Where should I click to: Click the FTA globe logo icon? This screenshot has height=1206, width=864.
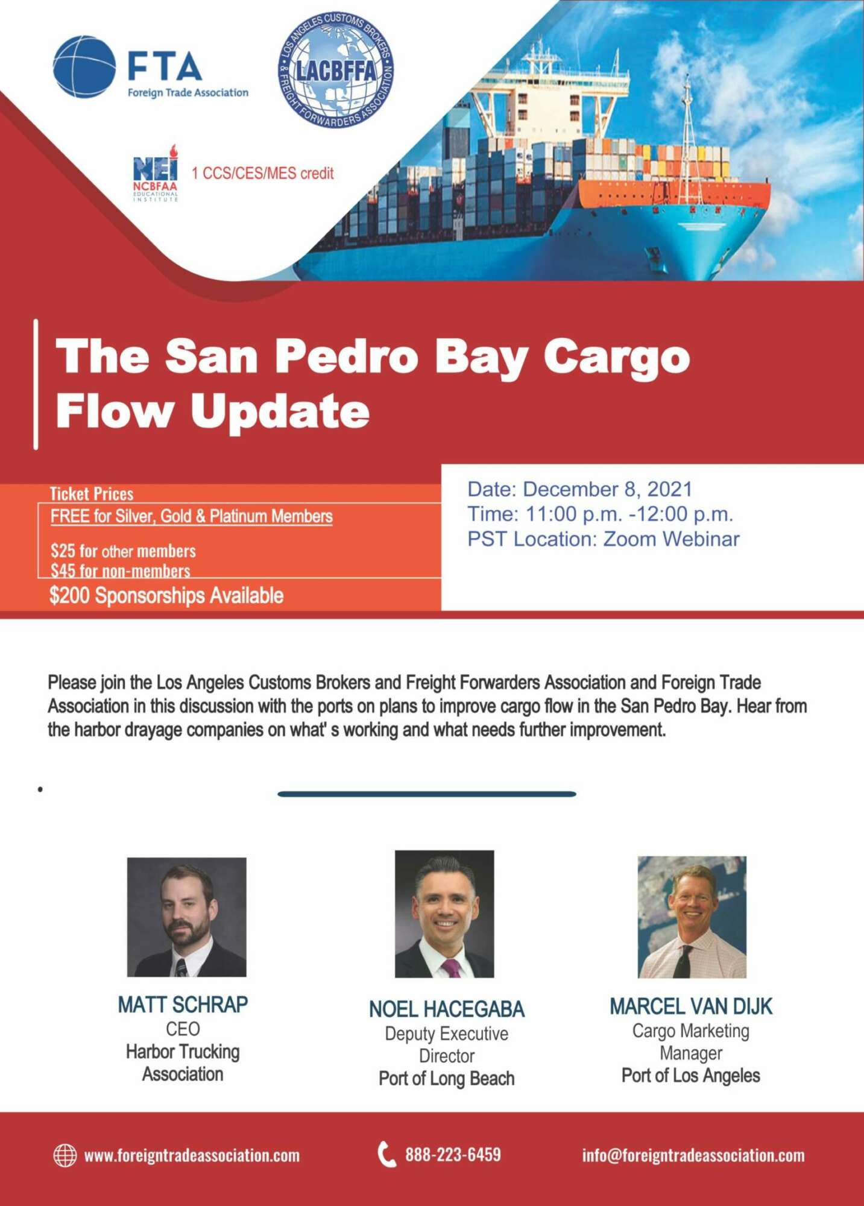point(84,67)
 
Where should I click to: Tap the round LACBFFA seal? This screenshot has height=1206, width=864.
point(336,69)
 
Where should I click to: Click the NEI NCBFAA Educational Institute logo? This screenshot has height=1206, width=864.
point(156,173)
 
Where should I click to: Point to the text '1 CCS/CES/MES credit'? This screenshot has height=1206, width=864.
point(262,174)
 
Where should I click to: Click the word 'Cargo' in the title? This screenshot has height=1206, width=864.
point(616,356)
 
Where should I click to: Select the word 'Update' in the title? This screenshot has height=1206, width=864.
point(279,412)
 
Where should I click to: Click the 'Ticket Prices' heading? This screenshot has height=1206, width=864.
point(92,494)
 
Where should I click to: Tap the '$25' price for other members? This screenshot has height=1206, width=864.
point(63,551)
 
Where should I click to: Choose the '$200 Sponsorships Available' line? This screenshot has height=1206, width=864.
point(166,596)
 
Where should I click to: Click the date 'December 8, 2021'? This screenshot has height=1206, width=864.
point(607,489)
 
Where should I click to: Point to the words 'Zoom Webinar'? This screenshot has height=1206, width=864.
point(671,538)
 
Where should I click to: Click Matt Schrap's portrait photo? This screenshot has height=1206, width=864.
point(186,917)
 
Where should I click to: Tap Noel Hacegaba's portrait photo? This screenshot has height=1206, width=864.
point(444,914)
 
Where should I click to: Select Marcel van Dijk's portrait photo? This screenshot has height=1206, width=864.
point(692,917)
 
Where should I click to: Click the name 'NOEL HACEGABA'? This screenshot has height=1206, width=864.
point(447,1009)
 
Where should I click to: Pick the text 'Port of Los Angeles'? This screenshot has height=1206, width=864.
point(691,1075)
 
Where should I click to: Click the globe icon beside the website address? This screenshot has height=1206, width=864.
point(65,1155)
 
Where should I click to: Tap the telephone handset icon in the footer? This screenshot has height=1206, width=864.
point(386,1154)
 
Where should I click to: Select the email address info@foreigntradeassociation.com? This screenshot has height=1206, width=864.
point(693,1155)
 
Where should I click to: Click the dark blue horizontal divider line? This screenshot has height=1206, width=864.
point(427,794)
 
